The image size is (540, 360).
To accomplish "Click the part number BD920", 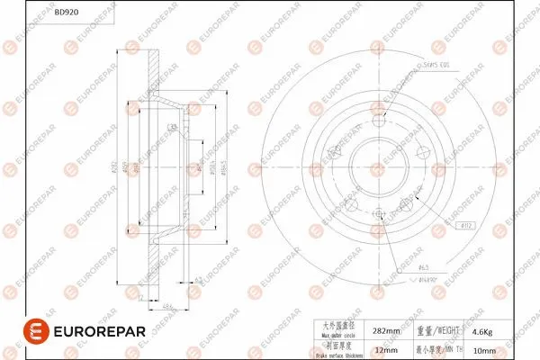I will click(x=65, y=14).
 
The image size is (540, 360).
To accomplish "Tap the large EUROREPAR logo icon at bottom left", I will click(x=33, y=331).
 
